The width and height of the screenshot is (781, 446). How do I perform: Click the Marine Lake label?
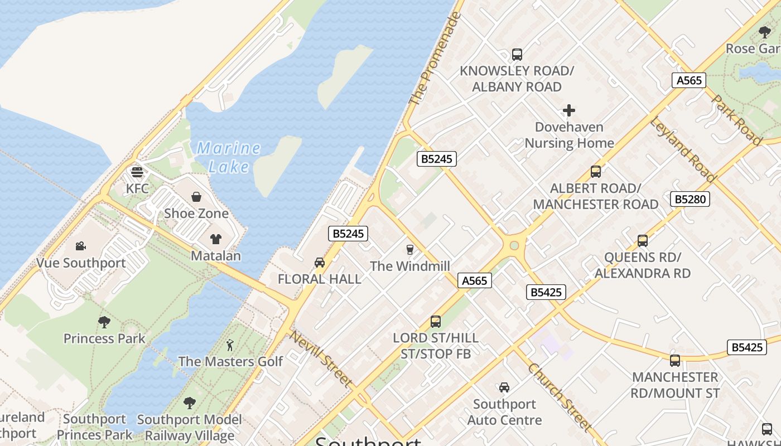point(228,157)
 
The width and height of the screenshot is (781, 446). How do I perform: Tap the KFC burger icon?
point(137,172)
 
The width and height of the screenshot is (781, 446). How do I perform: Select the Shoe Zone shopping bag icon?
point(196,197)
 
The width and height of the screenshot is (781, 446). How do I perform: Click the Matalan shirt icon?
point(216,239)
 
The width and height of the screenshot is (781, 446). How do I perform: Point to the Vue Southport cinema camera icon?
point(81,246)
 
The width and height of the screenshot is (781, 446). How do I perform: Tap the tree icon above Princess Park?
point(104,322)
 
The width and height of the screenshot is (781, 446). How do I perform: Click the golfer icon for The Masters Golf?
point(230,345)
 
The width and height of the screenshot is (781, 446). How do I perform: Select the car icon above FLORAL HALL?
point(320,262)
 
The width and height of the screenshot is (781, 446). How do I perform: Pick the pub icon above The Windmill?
point(410,249)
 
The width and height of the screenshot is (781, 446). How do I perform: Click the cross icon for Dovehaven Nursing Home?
point(569,110)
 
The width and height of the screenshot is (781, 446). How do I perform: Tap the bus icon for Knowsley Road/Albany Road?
point(517,55)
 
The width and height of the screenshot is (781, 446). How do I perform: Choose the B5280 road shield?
point(690,199)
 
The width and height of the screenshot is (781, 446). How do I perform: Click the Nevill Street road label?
point(321,360)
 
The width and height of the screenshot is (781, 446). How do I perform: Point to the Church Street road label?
point(559,397)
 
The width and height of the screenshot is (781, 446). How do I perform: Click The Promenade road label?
point(435,59)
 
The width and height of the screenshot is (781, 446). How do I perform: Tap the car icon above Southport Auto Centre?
point(504,387)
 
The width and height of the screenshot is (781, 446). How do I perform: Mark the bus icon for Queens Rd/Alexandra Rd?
point(643,241)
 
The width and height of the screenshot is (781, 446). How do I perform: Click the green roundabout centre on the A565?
point(514,245)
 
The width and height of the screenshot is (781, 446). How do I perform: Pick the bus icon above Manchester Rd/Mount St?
point(675,361)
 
